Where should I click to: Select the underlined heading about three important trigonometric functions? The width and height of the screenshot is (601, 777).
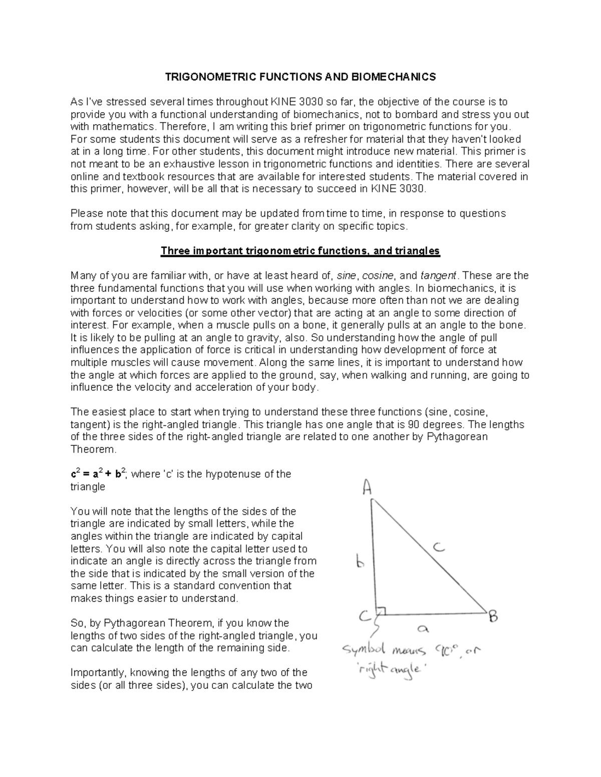[300, 251]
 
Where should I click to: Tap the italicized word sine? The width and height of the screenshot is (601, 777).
[347, 276]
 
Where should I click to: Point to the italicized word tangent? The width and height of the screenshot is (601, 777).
[438, 276]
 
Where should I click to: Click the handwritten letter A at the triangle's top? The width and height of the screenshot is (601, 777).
[367, 486]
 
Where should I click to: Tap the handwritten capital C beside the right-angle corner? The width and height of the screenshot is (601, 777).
[365, 616]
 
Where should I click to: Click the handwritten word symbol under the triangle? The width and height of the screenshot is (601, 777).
[364, 651]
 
